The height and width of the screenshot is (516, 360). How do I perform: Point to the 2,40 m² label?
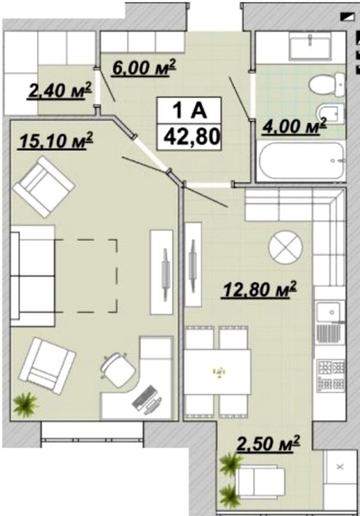pyautogui.click(x=60, y=90)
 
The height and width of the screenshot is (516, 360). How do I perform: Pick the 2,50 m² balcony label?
pyautogui.click(x=268, y=443)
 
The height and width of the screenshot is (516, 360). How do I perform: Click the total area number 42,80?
pyautogui.click(x=191, y=137)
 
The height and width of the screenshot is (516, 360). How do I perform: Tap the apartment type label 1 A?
pyautogui.click(x=189, y=111)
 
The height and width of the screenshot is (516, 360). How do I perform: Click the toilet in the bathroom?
pyautogui.click(x=327, y=85)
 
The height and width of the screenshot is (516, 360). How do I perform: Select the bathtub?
pyautogui.click(x=302, y=160)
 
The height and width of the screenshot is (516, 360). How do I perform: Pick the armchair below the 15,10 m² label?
pyautogui.click(x=44, y=187)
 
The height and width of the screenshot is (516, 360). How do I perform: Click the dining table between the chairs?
pyautogui.click(x=218, y=372)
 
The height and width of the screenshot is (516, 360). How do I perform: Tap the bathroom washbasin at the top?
pyautogui.click(x=310, y=46)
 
